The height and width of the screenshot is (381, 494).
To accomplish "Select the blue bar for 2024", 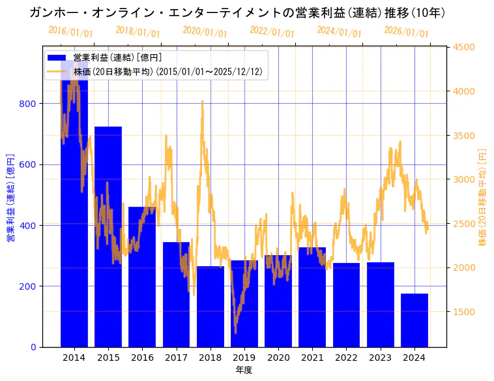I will [414, 320].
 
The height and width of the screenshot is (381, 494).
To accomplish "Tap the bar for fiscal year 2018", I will [211, 307].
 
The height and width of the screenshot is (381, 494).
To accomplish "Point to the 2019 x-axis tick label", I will [244, 358].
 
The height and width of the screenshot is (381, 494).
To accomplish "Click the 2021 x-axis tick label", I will [312, 358].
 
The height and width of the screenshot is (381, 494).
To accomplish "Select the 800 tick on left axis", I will [31, 104].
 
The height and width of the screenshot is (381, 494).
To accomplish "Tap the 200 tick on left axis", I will [31, 286].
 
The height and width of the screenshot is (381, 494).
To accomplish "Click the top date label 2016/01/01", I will [70, 32].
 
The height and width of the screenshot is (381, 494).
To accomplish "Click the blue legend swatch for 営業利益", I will [57, 58].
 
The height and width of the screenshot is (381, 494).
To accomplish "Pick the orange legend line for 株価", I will [57, 71].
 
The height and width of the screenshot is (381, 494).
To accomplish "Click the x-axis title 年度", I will [244, 370].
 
